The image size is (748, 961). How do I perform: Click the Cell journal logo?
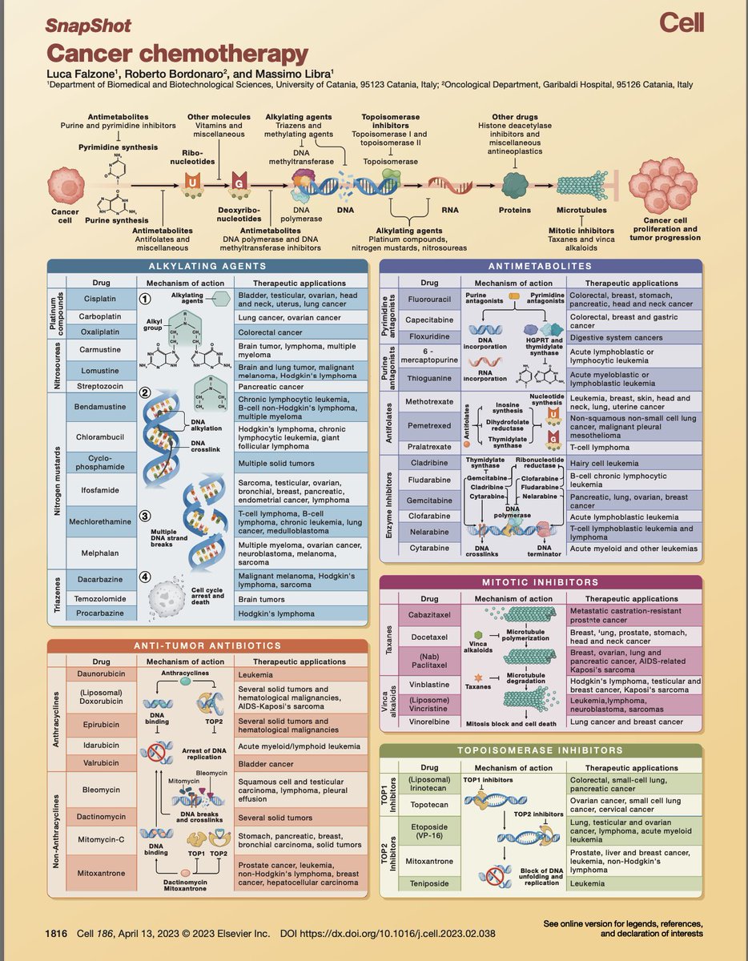(681, 23)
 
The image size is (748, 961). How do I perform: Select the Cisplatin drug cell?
(100, 299)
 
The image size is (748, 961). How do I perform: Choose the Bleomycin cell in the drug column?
(100, 789)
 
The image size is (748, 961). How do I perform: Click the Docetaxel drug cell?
(430, 636)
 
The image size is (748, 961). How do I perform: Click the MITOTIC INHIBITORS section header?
(541, 583)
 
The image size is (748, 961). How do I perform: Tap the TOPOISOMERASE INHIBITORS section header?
(541, 750)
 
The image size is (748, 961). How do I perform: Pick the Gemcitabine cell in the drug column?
(430, 501)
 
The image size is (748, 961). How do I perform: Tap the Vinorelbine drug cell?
(430, 722)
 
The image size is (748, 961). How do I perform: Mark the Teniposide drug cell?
(430, 883)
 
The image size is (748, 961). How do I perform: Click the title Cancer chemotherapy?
(176, 54)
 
